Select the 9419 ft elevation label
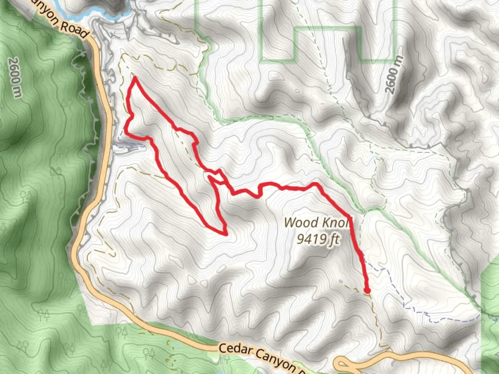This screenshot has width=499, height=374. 318,239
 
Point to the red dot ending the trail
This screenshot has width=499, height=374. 367,291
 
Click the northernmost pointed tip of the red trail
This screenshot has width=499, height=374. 134,78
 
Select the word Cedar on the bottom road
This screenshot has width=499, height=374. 235,350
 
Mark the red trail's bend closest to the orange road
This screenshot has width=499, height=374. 125,131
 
